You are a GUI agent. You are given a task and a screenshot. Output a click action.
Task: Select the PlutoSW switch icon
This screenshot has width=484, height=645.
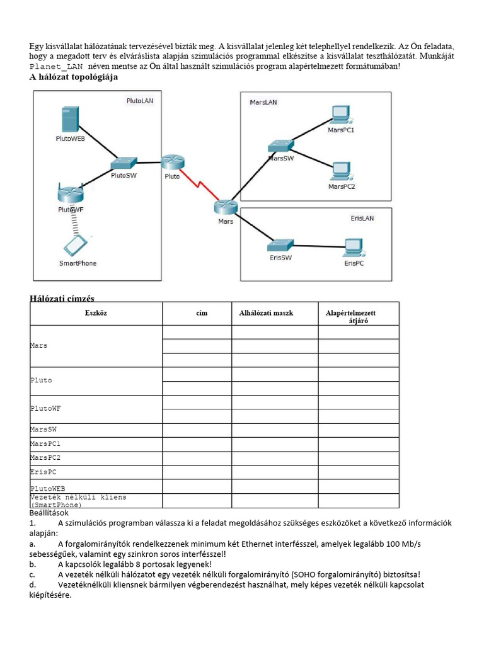124,163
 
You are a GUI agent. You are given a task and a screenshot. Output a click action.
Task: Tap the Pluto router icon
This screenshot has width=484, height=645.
172,162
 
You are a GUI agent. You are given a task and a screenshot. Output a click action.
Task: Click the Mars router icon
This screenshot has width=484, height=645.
224,207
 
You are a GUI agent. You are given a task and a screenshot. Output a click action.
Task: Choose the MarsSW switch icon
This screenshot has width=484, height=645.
280,146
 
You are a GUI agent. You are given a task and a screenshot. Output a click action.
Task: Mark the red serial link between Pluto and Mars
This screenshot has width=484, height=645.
198,184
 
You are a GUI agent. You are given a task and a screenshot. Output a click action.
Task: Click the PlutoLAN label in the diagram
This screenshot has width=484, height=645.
139,100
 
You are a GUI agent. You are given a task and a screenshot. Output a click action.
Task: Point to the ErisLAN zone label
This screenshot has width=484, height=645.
362,218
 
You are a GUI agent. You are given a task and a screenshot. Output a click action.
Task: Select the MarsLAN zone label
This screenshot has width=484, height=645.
263,102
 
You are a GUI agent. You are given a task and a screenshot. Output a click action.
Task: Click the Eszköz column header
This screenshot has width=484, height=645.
96,312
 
